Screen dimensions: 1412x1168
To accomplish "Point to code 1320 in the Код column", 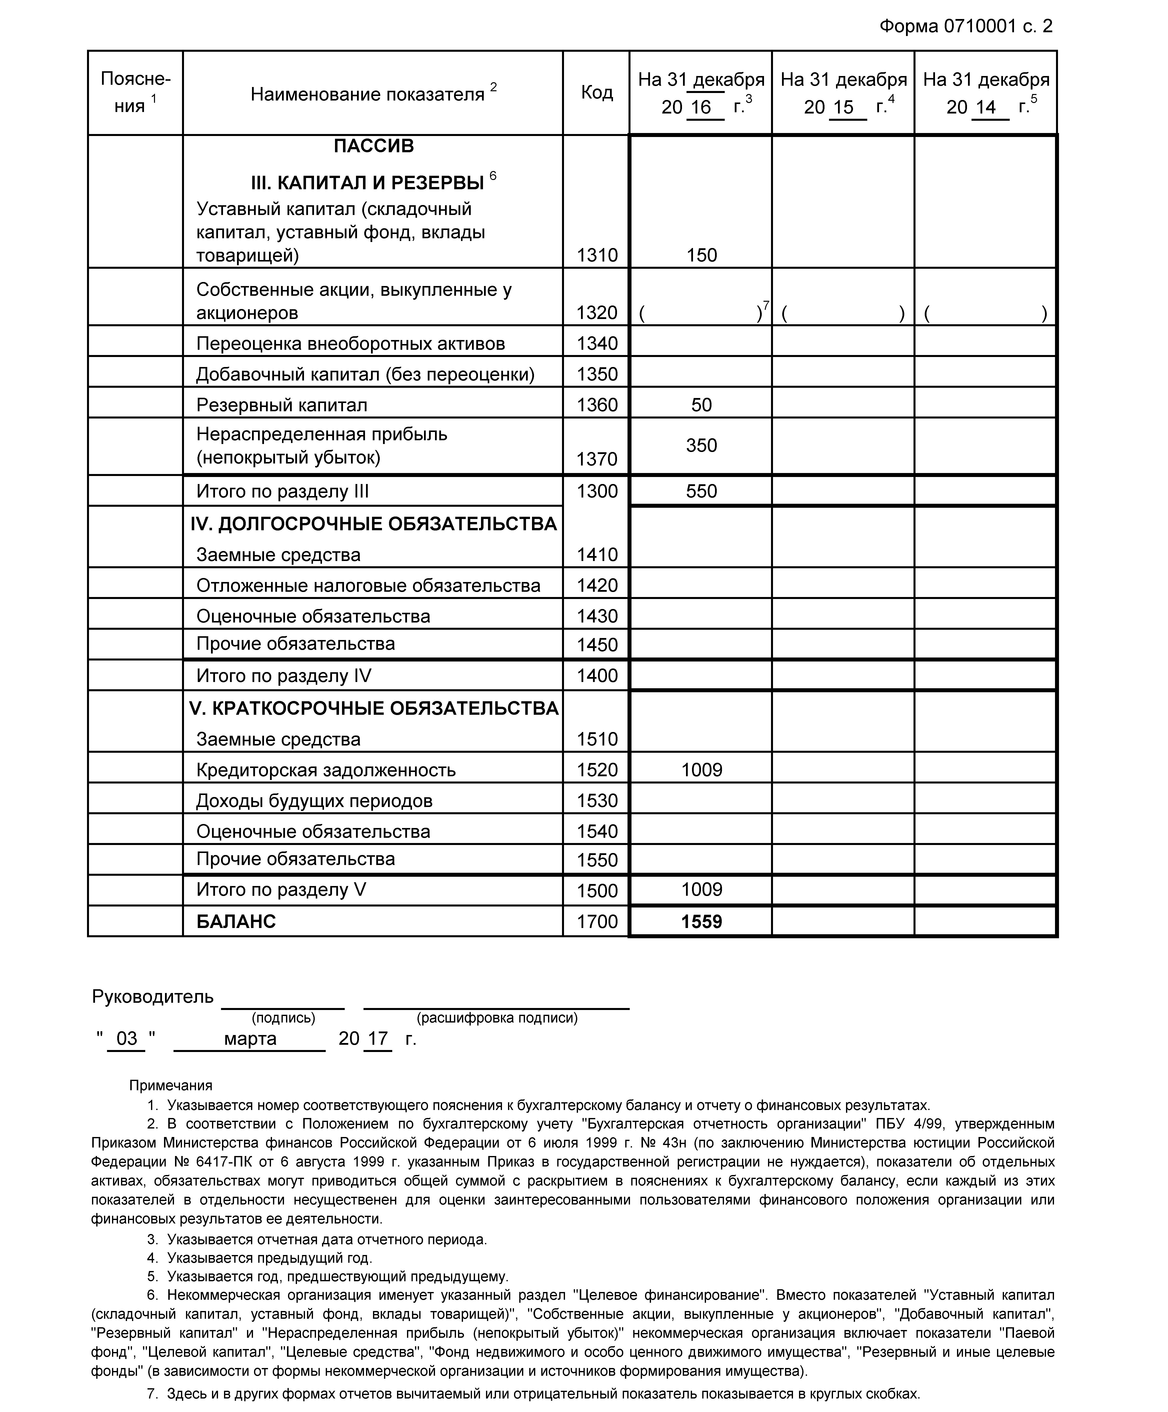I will click(596, 313).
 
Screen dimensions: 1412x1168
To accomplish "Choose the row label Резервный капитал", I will click(282, 405).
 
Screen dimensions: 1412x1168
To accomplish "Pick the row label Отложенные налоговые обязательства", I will click(368, 586).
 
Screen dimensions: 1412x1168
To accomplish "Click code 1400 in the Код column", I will click(596, 676).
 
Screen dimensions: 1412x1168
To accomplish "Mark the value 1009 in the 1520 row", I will click(701, 770).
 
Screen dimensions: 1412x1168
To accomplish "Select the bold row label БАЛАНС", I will click(236, 921).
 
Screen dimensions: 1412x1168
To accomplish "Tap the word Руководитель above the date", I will click(153, 996).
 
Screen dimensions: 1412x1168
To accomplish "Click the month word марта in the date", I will click(250, 1039).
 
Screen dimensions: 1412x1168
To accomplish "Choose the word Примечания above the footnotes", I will click(171, 1085).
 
